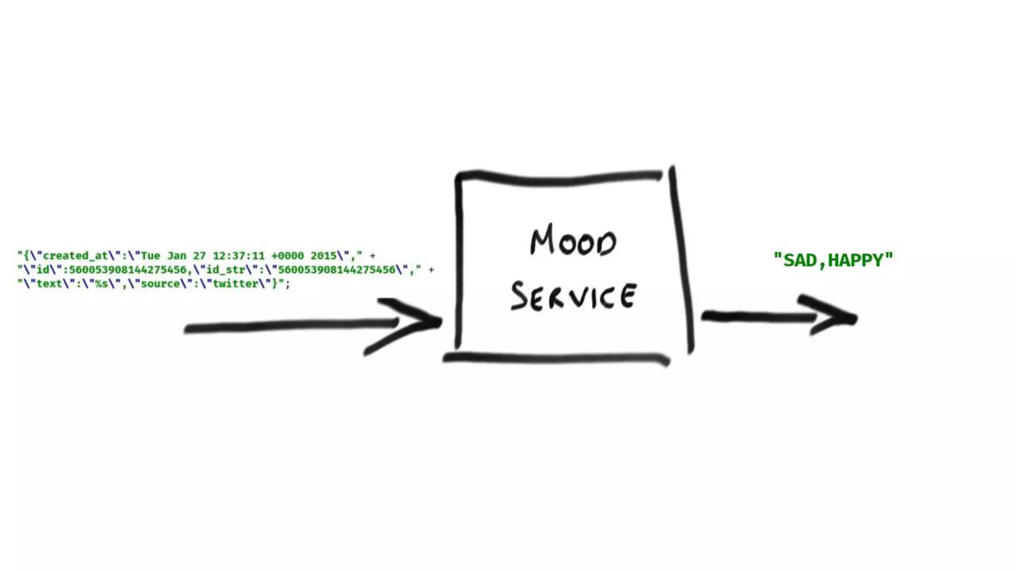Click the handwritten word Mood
click(x=573, y=241)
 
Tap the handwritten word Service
click(x=573, y=296)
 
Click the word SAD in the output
click(x=800, y=260)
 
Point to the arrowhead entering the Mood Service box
click(x=422, y=322)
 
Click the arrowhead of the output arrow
click(x=838, y=316)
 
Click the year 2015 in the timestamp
click(x=323, y=256)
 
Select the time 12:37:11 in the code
click(x=239, y=256)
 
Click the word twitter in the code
click(x=235, y=284)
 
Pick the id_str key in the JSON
click(x=226, y=270)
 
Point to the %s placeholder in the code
click(x=101, y=284)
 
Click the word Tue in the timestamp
click(x=150, y=256)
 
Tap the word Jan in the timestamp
click(x=177, y=256)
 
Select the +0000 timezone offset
click(x=287, y=256)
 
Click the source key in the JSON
click(x=160, y=284)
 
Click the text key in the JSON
click(x=49, y=284)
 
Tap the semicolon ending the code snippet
click(x=287, y=284)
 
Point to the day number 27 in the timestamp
click(x=199, y=256)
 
